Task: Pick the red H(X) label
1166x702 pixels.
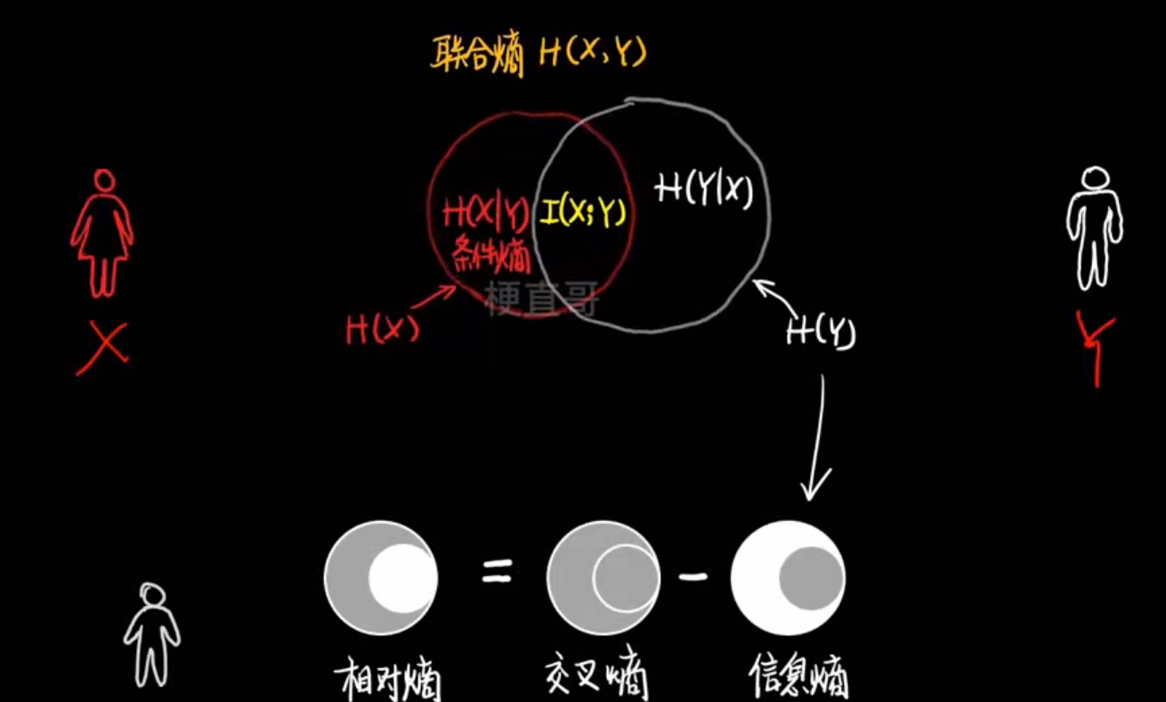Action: [382, 331]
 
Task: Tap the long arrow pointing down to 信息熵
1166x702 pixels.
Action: [817, 437]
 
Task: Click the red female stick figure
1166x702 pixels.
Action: [102, 233]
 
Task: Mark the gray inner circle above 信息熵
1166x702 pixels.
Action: [810, 577]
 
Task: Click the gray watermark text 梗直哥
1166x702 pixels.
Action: [542, 299]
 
